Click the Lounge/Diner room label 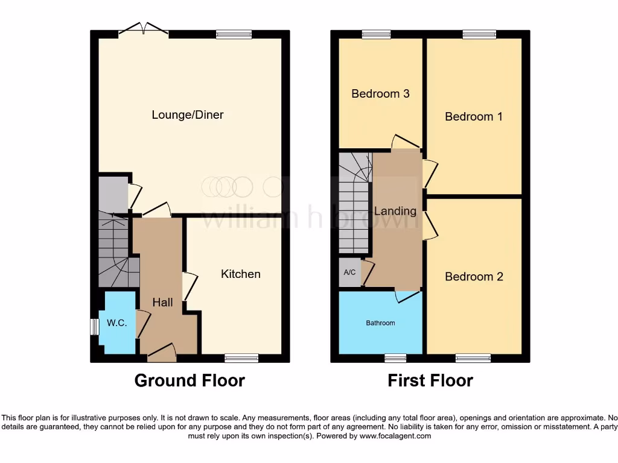(x=187, y=115)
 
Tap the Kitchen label (x=241, y=274)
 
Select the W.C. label (x=117, y=323)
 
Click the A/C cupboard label (x=349, y=272)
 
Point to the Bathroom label (x=380, y=323)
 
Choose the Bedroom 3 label (x=380, y=93)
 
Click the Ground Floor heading (x=189, y=380)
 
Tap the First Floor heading (x=430, y=380)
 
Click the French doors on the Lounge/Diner (x=144, y=30)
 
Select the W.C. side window (x=94, y=326)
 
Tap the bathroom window (x=395, y=358)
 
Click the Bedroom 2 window (x=473, y=358)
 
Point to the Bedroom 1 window (x=479, y=34)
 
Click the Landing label (x=395, y=211)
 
